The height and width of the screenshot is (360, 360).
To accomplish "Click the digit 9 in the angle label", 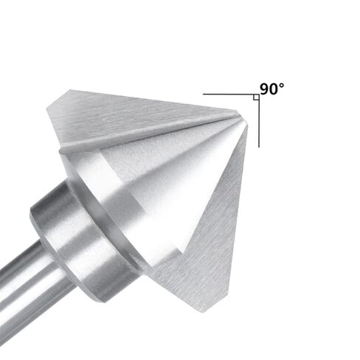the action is coord(265,89).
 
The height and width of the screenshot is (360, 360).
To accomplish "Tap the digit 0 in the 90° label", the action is coord(274,89).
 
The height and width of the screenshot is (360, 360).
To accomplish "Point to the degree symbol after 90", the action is coord(282,86).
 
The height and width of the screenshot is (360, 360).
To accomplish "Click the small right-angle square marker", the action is coord(256,97).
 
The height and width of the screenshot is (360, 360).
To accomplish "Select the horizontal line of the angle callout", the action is coord(231,94).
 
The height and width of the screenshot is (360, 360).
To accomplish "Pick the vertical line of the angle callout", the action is coord(259,121).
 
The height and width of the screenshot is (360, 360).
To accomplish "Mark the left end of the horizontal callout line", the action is coord(203,94).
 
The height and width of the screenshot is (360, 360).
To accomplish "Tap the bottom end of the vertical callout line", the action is coord(259,148).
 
